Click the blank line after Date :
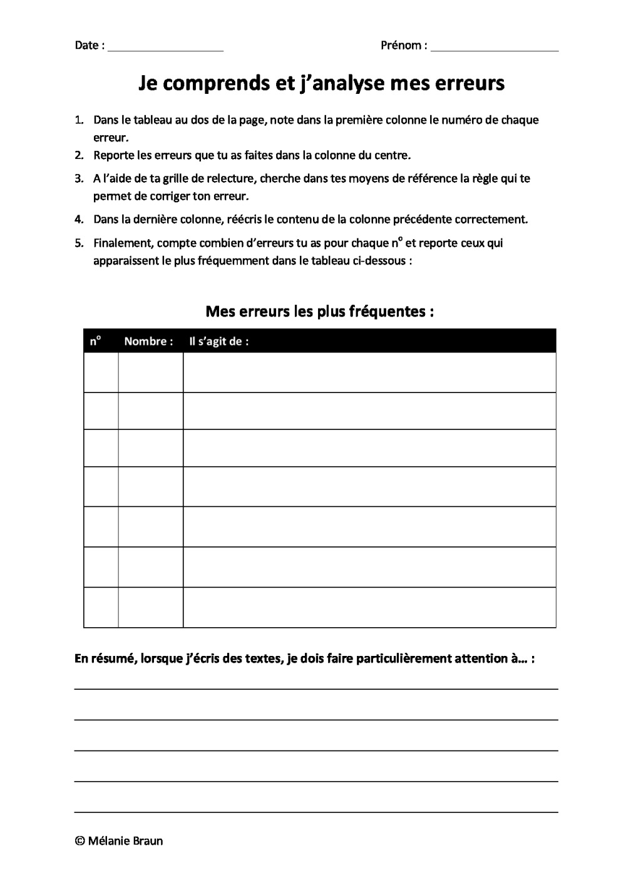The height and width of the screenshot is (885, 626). tap(165, 49)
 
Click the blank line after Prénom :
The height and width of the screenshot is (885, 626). tap(495, 49)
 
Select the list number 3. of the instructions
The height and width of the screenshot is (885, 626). tap(79, 178)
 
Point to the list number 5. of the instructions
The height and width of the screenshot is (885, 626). tap(79, 243)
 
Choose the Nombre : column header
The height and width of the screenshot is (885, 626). tap(148, 341)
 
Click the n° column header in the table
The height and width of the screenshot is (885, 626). tap(95, 341)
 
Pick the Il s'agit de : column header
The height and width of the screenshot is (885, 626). tap(218, 341)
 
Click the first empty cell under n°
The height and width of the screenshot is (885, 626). tap(101, 372)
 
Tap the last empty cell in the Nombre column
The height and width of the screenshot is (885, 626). tap(150, 607)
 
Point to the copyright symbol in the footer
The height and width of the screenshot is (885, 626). tap(80, 841)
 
